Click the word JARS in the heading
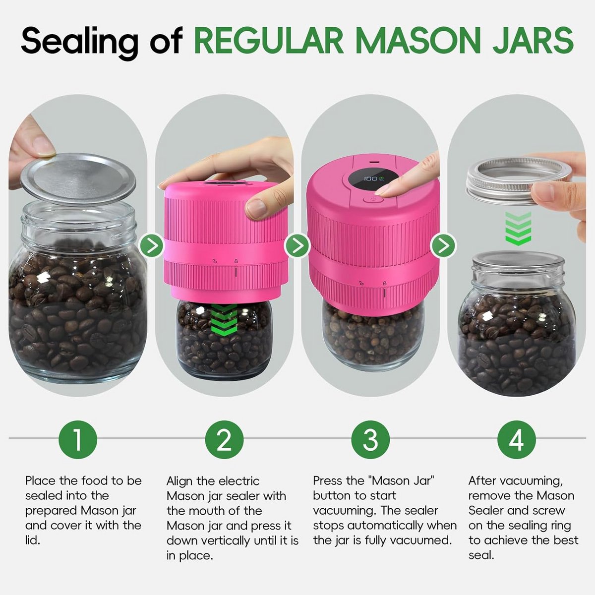tap(533, 41)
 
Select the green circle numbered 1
tap(78, 439)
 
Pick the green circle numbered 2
tap(224, 439)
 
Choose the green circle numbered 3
tap(370, 439)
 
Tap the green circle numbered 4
tap(517, 439)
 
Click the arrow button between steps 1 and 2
tap(151, 245)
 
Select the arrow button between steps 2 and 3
tap(297, 245)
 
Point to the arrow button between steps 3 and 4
tap(443, 245)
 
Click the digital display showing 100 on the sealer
tap(373, 179)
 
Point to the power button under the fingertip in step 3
tap(373, 199)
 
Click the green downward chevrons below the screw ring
tap(518, 228)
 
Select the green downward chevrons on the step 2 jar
tap(224, 320)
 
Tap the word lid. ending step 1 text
tap(33, 540)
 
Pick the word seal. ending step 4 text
tap(481, 555)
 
